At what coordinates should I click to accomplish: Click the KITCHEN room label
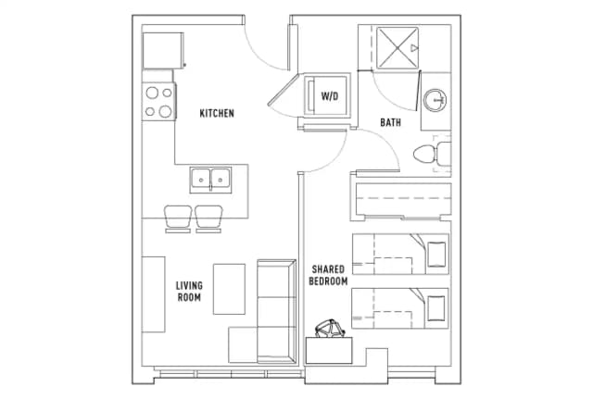(x=217, y=114)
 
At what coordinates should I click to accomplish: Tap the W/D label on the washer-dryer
(x=330, y=95)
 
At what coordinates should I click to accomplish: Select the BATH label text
(x=390, y=123)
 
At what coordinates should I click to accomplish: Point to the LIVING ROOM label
(x=189, y=292)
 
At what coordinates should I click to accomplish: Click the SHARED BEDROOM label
(x=328, y=275)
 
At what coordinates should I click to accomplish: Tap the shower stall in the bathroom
(x=397, y=45)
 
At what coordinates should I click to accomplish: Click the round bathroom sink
(x=435, y=99)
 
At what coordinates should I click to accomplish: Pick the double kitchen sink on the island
(x=211, y=177)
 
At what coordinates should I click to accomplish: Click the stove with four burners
(x=159, y=101)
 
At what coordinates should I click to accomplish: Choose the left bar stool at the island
(x=178, y=218)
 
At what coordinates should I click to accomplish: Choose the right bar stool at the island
(x=209, y=218)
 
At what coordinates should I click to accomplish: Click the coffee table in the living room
(x=229, y=289)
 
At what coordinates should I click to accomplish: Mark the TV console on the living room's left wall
(x=153, y=294)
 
